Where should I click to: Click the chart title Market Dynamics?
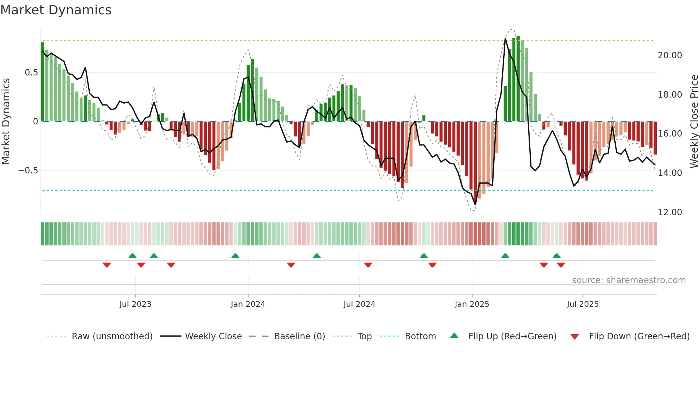click(56, 10)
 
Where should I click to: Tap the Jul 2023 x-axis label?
click(135, 304)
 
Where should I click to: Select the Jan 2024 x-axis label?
click(248, 304)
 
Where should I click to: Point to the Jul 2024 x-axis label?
click(359, 304)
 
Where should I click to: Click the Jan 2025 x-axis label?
click(472, 304)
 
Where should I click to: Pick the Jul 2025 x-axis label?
click(582, 304)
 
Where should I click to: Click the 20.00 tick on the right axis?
click(670, 55)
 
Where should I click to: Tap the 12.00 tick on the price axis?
click(670, 212)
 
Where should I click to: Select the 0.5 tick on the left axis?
click(31, 73)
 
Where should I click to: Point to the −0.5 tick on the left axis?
click(28, 171)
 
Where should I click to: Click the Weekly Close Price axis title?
click(694, 121)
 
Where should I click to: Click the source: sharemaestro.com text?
click(629, 280)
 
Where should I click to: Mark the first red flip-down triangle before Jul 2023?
click(107, 265)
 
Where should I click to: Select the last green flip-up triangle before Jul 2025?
click(556, 256)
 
